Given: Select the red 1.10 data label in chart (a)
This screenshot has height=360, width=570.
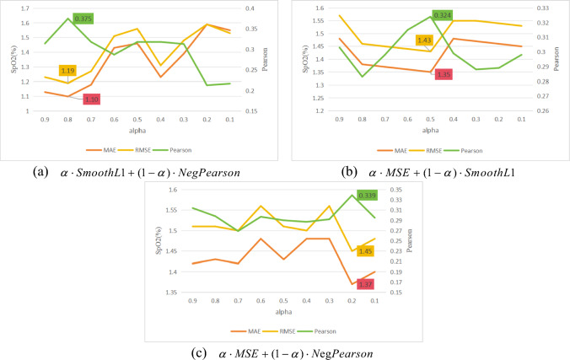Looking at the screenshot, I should pyautogui.click(x=93, y=99).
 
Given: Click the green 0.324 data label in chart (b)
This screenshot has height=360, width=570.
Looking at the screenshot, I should pyautogui.click(x=443, y=15).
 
